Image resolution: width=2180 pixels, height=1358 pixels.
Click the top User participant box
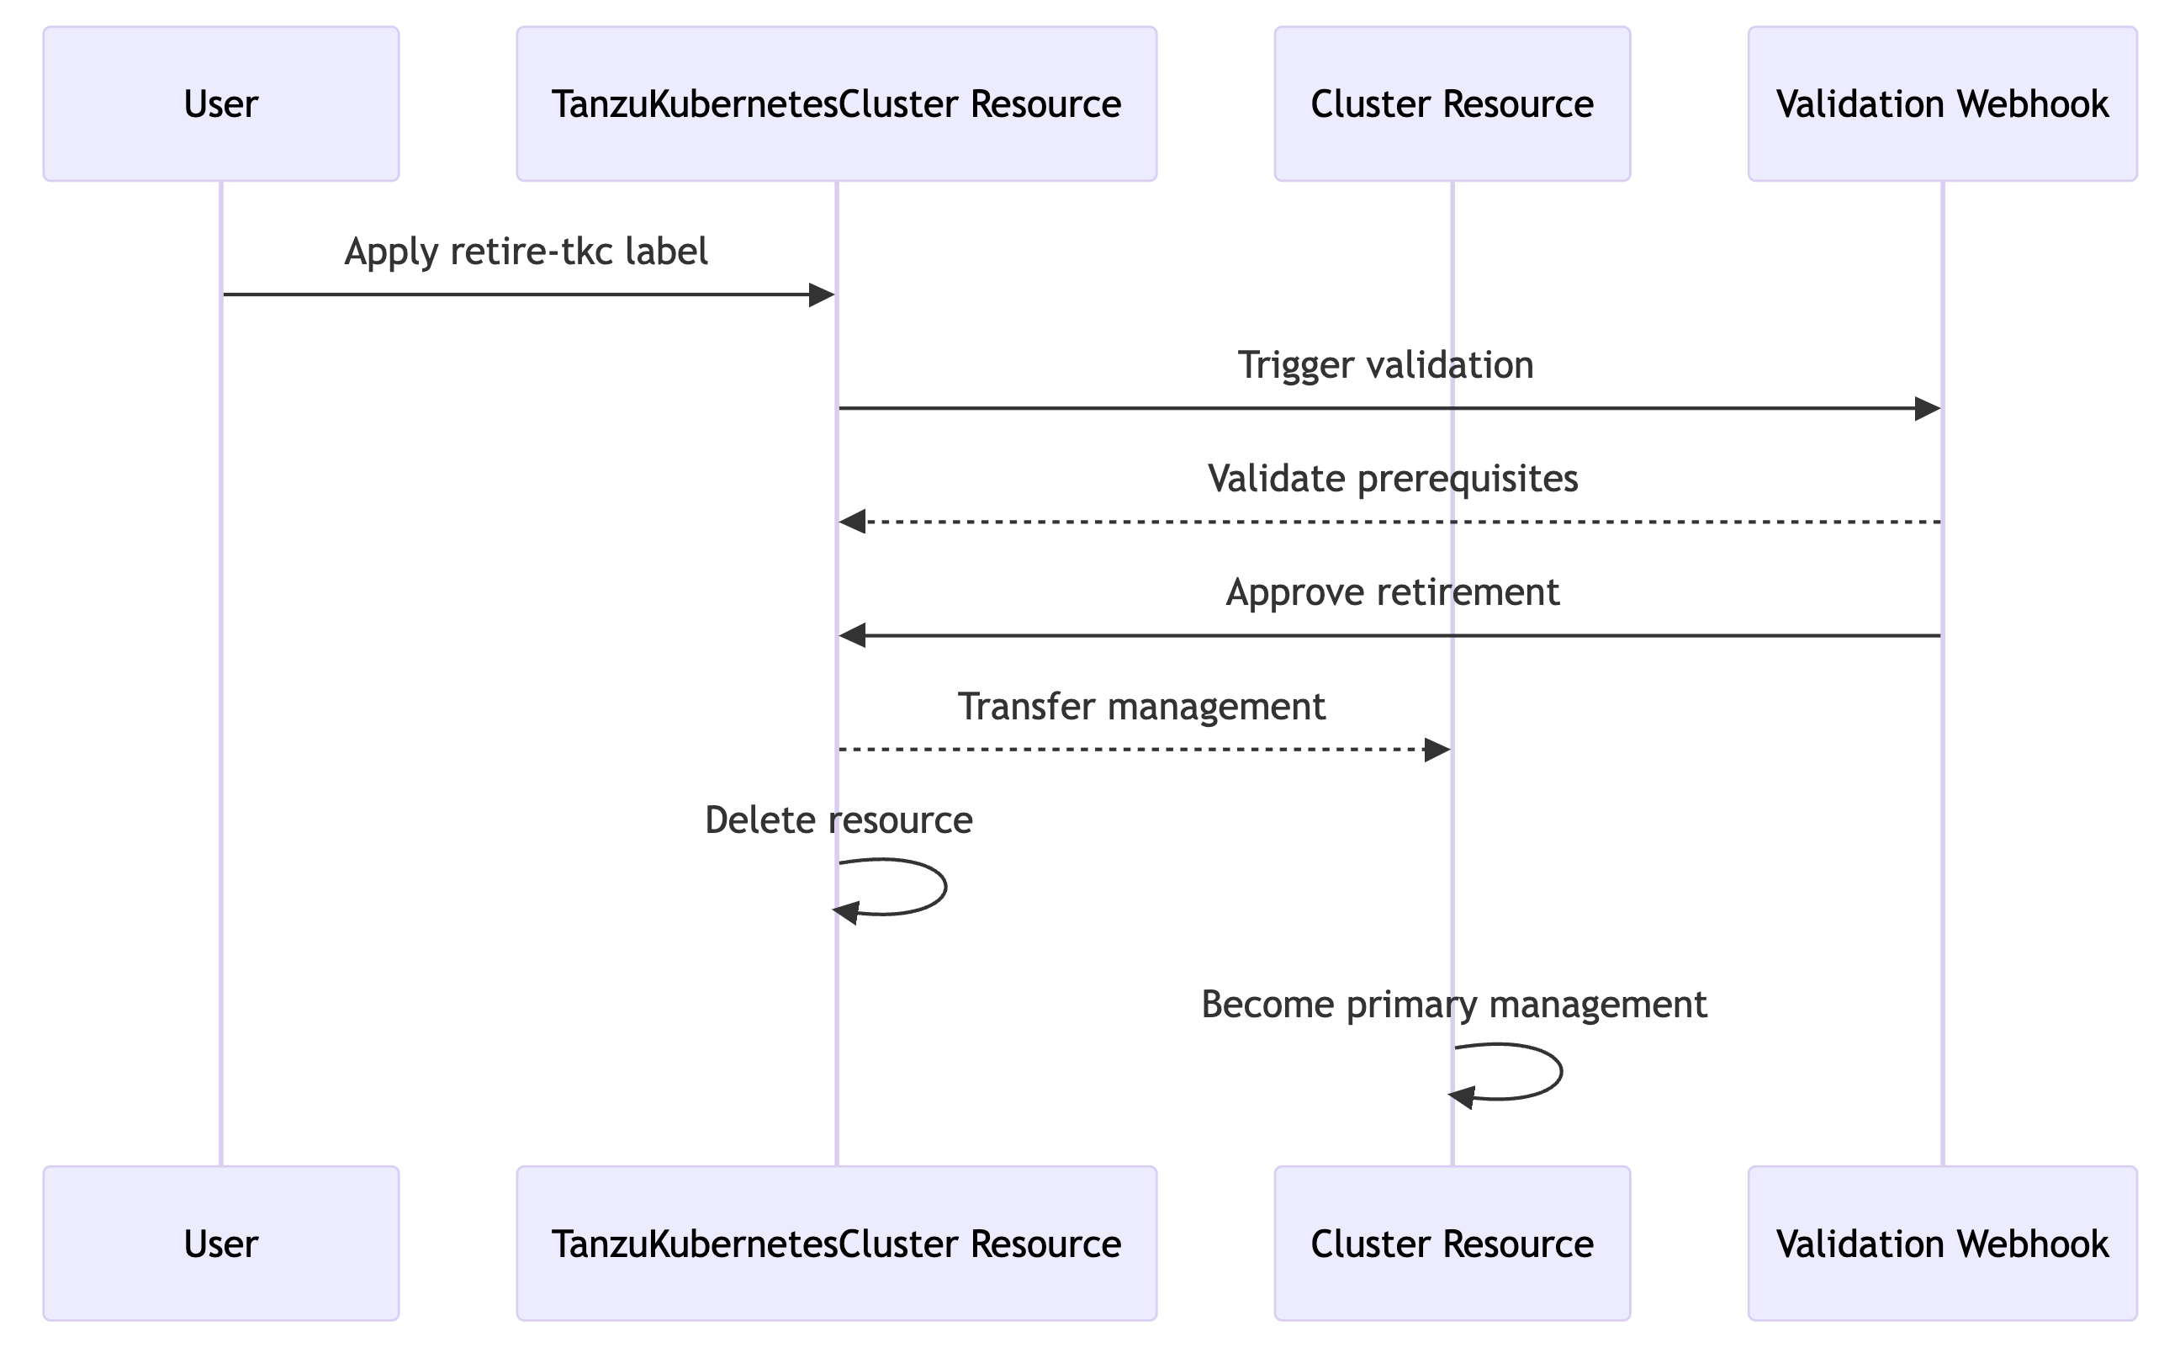pos(221,104)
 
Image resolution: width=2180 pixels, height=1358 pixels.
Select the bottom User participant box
pos(221,1244)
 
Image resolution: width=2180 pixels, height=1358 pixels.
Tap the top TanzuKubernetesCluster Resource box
pos(836,104)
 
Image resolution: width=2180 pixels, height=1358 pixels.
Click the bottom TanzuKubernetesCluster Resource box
pos(836,1244)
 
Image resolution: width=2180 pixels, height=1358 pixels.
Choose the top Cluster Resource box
pos(1452,104)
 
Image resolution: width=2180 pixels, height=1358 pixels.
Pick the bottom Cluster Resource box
pos(1452,1244)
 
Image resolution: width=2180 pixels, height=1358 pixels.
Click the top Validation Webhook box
pos(1942,104)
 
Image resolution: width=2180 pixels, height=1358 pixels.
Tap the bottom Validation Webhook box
pos(1942,1244)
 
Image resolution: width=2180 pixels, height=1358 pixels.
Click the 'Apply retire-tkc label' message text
pos(526,252)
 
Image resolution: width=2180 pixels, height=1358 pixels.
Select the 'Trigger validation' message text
pos(1385,365)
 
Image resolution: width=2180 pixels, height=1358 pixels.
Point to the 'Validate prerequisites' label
pos(1393,479)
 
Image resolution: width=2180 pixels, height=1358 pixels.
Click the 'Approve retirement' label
pos(1393,593)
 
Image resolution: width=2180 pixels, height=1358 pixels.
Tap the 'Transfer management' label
pos(1141,707)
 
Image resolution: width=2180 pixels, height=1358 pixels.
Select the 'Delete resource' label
pos(839,820)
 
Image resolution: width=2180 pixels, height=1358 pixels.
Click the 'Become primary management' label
pos(1453,1004)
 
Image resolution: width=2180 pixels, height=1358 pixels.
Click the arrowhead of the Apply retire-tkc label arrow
pos(823,294)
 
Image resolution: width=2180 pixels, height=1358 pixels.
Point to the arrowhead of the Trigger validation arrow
pos(1927,409)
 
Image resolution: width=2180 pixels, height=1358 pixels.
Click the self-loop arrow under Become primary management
pos(1560,1071)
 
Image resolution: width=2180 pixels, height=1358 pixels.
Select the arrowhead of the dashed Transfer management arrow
pos(1437,749)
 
